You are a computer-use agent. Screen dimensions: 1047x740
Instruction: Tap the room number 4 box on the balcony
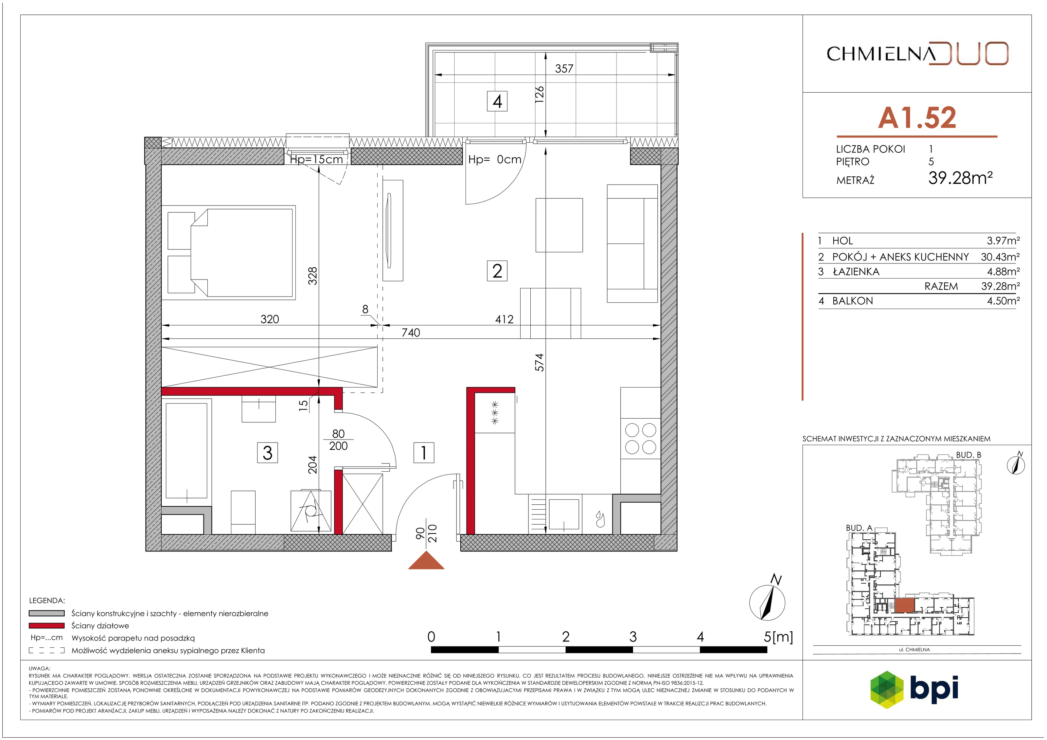[497, 101]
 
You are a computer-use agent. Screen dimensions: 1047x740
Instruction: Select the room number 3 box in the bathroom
[267, 453]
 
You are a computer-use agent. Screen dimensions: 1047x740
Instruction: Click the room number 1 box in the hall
[424, 453]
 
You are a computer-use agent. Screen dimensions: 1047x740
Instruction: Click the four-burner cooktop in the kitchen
[640, 439]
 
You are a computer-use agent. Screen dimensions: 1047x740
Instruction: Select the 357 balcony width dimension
[564, 68]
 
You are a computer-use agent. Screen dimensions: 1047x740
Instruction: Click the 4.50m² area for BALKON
[1003, 301]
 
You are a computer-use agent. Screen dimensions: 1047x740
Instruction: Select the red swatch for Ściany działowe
[46, 625]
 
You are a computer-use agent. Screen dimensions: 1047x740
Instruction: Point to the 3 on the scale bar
[632, 637]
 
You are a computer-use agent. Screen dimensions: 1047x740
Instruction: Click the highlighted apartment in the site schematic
[904, 605]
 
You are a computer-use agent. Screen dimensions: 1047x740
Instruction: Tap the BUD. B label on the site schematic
[968, 455]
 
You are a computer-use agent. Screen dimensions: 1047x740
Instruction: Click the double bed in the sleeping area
[228, 252]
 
